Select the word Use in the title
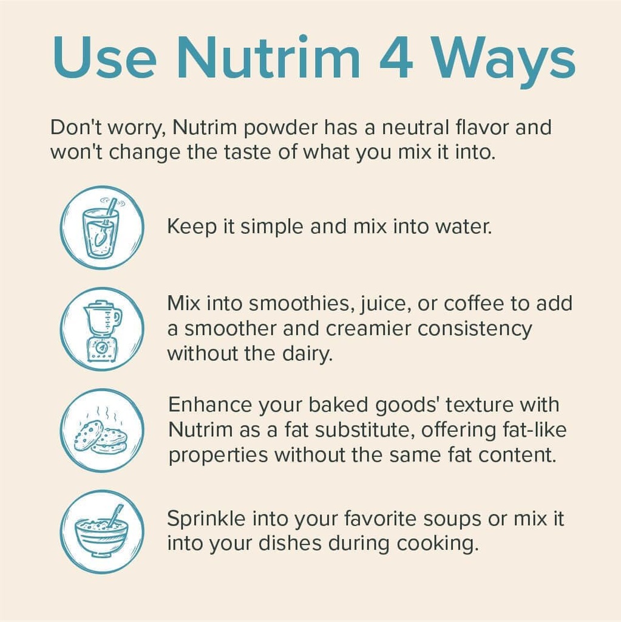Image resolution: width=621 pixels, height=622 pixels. coord(103,58)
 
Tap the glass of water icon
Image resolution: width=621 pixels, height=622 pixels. coord(102,228)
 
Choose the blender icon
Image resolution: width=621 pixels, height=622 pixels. coord(102,329)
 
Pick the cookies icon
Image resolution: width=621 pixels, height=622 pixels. coord(102,431)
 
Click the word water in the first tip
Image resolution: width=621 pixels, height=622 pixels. coord(463,227)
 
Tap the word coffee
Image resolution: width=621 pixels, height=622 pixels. coord(476,303)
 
